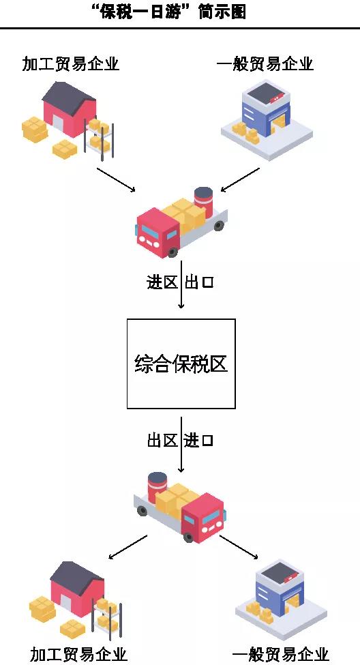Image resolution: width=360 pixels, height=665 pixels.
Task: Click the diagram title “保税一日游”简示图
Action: [167, 12]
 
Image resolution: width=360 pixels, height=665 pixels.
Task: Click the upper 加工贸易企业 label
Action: [70, 64]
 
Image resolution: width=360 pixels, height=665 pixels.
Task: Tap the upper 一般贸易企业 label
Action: [265, 64]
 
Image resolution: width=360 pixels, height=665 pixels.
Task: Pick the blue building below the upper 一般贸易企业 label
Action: [266, 113]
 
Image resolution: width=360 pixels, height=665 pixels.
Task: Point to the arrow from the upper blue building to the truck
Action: [241, 180]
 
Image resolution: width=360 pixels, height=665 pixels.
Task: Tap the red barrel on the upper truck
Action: [204, 198]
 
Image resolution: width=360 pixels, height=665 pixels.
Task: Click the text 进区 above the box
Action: [162, 282]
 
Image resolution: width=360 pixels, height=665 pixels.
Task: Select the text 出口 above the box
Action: [199, 282]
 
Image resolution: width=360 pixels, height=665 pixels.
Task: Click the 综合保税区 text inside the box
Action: [181, 364]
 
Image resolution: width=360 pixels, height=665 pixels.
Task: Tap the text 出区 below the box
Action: [162, 441]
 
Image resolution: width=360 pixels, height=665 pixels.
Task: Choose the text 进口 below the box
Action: [199, 441]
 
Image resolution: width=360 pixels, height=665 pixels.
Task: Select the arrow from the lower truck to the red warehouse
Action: [127, 546]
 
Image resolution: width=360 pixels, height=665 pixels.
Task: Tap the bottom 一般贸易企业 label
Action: [280, 654]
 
